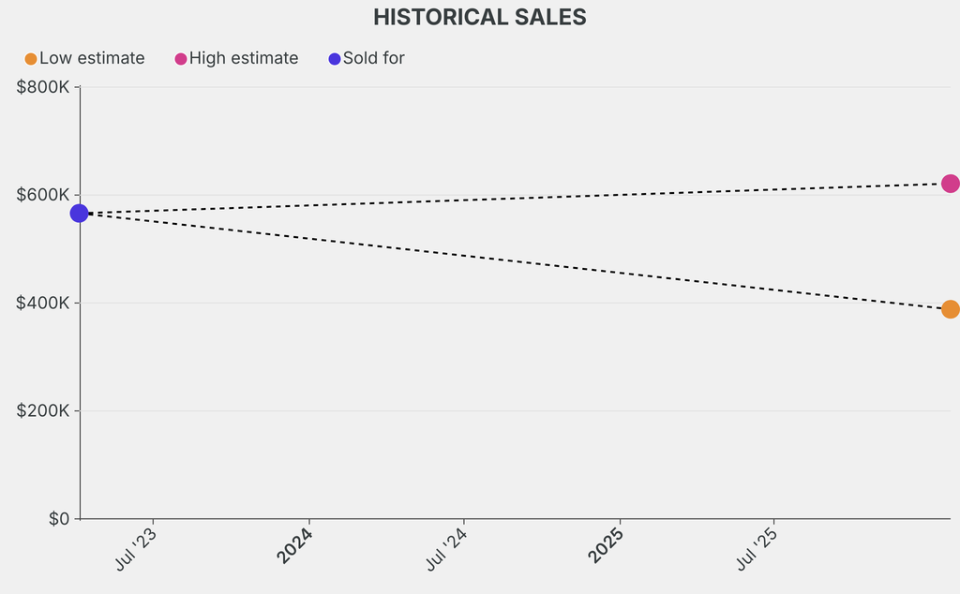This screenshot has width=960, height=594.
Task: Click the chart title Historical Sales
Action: pyautogui.click(x=479, y=18)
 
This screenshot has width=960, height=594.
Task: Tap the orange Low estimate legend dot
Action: pyautogui.click(x=31, y=59)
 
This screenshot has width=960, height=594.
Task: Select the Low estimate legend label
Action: pyautogui.click(x=92, y=59)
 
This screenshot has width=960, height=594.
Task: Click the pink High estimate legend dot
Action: pyautogui.click(x=181, y=59)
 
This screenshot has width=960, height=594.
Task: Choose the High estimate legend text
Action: pyautogui.click(x=244, y=59)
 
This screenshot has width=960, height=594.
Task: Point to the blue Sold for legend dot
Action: pyautogui.click(x=335, y=59)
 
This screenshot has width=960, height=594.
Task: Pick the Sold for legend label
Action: pyautogui.click(x=373, y=59)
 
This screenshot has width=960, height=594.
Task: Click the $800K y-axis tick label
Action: pyautogui.click(x=43, y=87)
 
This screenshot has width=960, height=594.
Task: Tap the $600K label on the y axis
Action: pyautogui.click(x=43, y=195)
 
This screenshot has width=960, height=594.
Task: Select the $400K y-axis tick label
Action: pyautogui.click(x=43, y=304)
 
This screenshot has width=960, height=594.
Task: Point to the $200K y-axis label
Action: pyautogui.click(x=43, y=411)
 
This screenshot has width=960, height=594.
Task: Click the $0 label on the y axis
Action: pyautogui.click(x=59, y=519)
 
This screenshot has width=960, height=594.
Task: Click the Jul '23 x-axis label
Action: pyautogui.click(x=136, y=548)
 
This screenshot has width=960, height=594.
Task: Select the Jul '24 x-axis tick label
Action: pyautogui.click(x=447, y=548)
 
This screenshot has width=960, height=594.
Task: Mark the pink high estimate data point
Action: pyautogui.click(x=950, y=184)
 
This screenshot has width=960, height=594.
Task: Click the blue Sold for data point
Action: pyautogui.click(x=80, y=214)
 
